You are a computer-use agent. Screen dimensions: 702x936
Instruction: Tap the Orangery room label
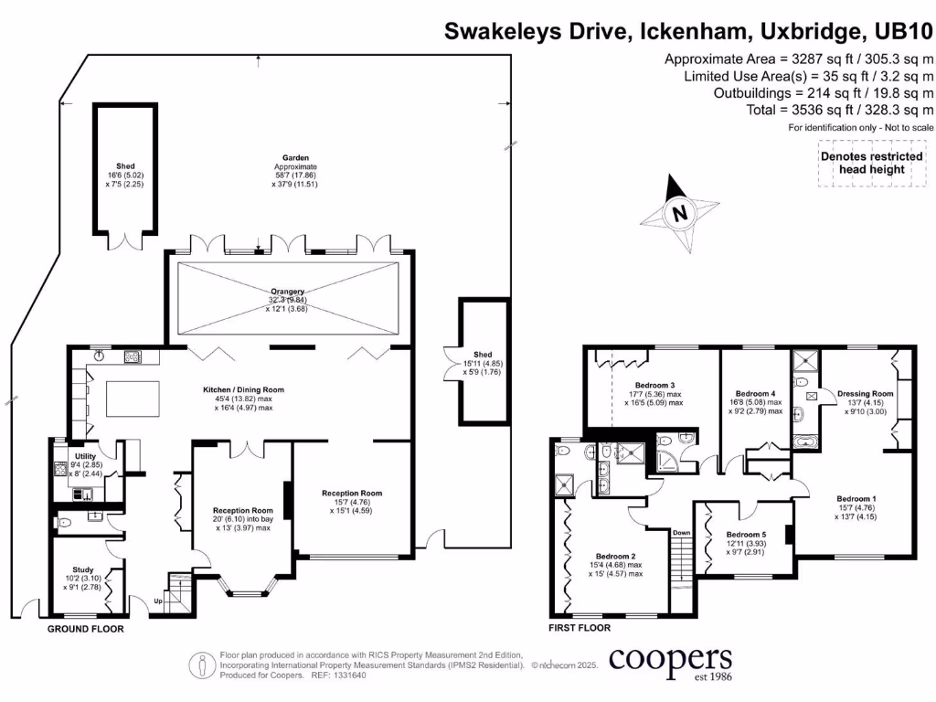288,292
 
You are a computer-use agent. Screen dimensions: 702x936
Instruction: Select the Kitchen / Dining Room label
243,390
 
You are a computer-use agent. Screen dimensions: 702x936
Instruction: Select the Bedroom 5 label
746,535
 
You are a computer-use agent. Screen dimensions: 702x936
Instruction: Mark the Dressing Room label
865,394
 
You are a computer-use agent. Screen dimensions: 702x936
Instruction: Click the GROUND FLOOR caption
85,629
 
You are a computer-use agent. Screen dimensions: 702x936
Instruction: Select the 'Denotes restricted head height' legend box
871,164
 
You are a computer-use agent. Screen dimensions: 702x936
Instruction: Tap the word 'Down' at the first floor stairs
681,533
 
